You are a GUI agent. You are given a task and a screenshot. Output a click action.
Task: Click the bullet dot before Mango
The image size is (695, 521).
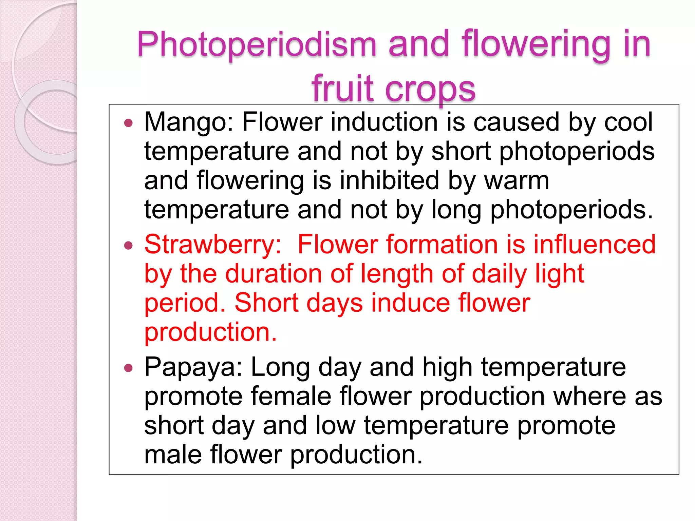[128, 123]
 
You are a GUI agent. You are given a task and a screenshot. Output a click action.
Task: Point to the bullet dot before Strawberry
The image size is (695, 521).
[128, 245]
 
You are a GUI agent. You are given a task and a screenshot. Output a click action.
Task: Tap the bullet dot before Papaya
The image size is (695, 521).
[128, 368]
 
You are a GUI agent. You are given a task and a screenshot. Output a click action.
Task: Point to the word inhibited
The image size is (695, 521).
[389, 180]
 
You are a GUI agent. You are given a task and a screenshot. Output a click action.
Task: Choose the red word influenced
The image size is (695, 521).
[594, 245]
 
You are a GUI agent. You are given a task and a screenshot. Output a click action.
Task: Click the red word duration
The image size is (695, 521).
[274, 274]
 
